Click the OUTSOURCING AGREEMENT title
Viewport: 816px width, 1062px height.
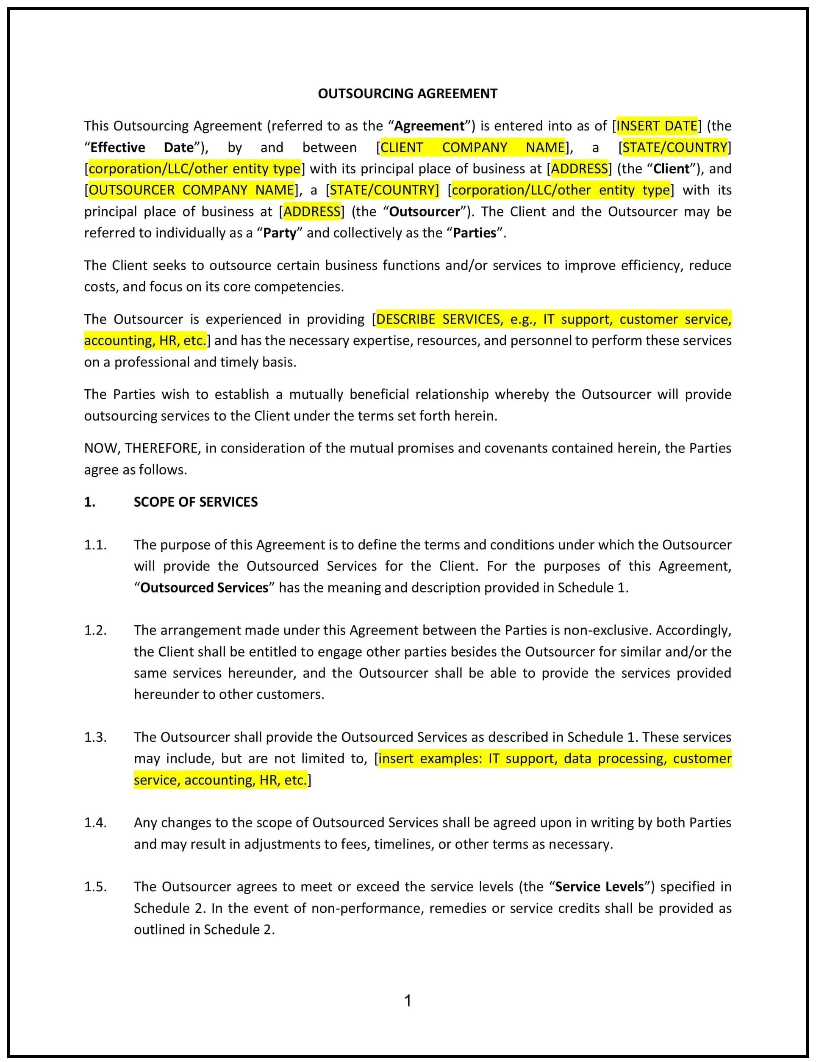(x=408, y=94)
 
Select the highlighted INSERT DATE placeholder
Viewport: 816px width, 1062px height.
(x=657, y=126)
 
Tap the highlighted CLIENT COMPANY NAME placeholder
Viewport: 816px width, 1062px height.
(x=472, y=147)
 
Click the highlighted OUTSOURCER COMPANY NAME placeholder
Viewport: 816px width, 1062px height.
(x=192, y=190)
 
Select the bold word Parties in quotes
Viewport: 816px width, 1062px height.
(x=475, y=233)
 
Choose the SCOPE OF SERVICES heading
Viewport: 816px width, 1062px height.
(x=195, y=502)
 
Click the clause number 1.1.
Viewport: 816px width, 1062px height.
(x=95, y=545)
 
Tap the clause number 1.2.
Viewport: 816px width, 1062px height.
(x=95, y=630)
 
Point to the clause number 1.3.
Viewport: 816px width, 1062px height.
(x=95, y=737)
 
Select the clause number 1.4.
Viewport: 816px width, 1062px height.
(x=95, y=823)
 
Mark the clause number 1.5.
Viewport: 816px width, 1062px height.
(x=95, y=887)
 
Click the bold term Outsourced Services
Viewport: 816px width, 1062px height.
(x=204, y=588)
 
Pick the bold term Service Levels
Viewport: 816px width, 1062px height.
(x=600, y=887)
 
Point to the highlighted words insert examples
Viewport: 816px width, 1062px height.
(x=430, y=759)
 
